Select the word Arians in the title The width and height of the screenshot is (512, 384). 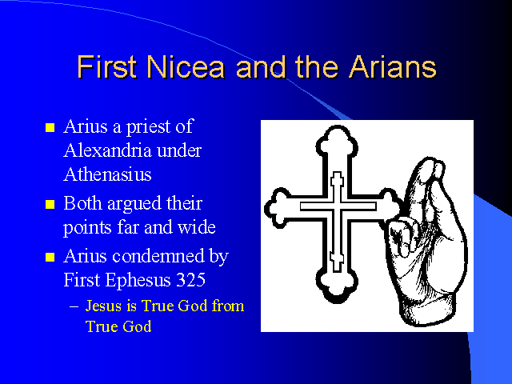click(x=393, y=67)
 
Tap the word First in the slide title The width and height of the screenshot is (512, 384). click(x=106, y=67)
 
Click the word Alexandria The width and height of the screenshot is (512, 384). click(x=107, y=150)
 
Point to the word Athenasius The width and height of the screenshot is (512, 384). click(x=107, y=174)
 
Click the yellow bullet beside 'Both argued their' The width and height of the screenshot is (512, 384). click(x=50, y=205)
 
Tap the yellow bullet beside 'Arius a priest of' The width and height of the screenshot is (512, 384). click(x=50, y=127)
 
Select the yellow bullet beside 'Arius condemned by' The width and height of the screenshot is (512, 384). click(x=50, y=257)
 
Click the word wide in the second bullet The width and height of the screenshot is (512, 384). click(x=196, y=227)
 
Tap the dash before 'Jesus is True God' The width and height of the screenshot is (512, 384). click(x=74, y=307)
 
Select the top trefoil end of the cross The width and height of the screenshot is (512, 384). click(x=337, y=141)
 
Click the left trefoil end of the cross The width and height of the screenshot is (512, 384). click(x=278, y=208)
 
